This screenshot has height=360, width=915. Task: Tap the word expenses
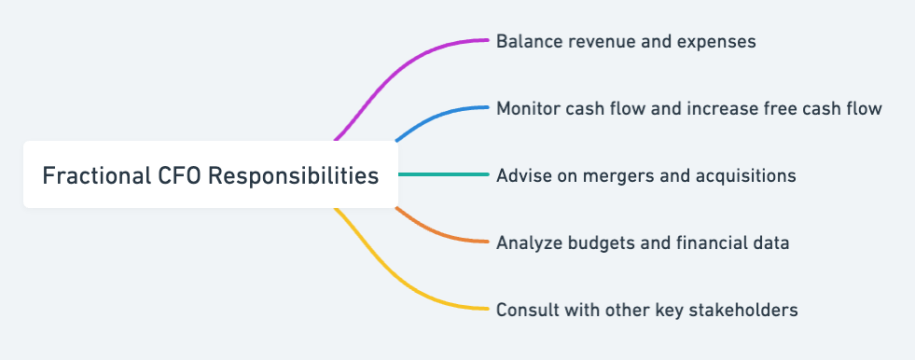714,42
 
